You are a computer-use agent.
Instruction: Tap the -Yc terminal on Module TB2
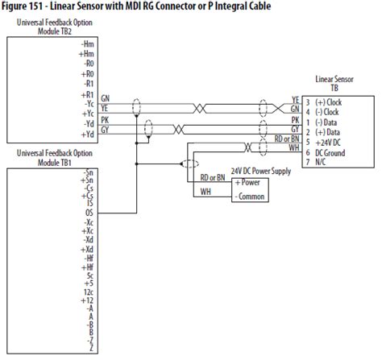(90, 101)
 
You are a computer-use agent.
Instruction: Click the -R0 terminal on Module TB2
(90, 61)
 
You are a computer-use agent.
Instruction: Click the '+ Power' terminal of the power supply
(247, 182)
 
